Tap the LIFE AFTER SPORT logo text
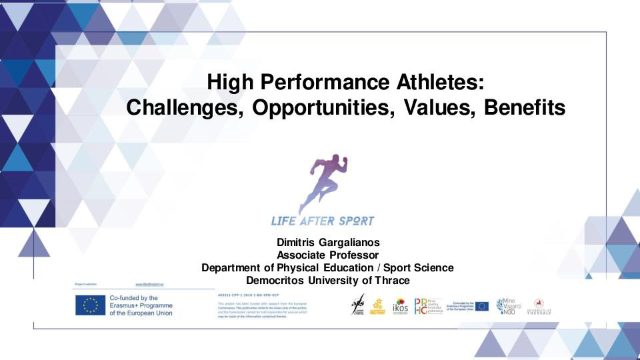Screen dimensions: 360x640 coord(323,221)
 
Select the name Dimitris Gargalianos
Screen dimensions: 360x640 coord(327,242)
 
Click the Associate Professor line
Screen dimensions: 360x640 coord(327,255)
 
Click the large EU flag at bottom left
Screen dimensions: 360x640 coord(91,305)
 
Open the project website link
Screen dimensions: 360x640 coord(149,284)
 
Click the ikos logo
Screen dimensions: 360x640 coord(400,307)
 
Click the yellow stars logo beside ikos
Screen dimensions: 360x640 coord(378,307)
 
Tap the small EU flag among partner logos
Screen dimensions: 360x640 coord(482,306)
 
